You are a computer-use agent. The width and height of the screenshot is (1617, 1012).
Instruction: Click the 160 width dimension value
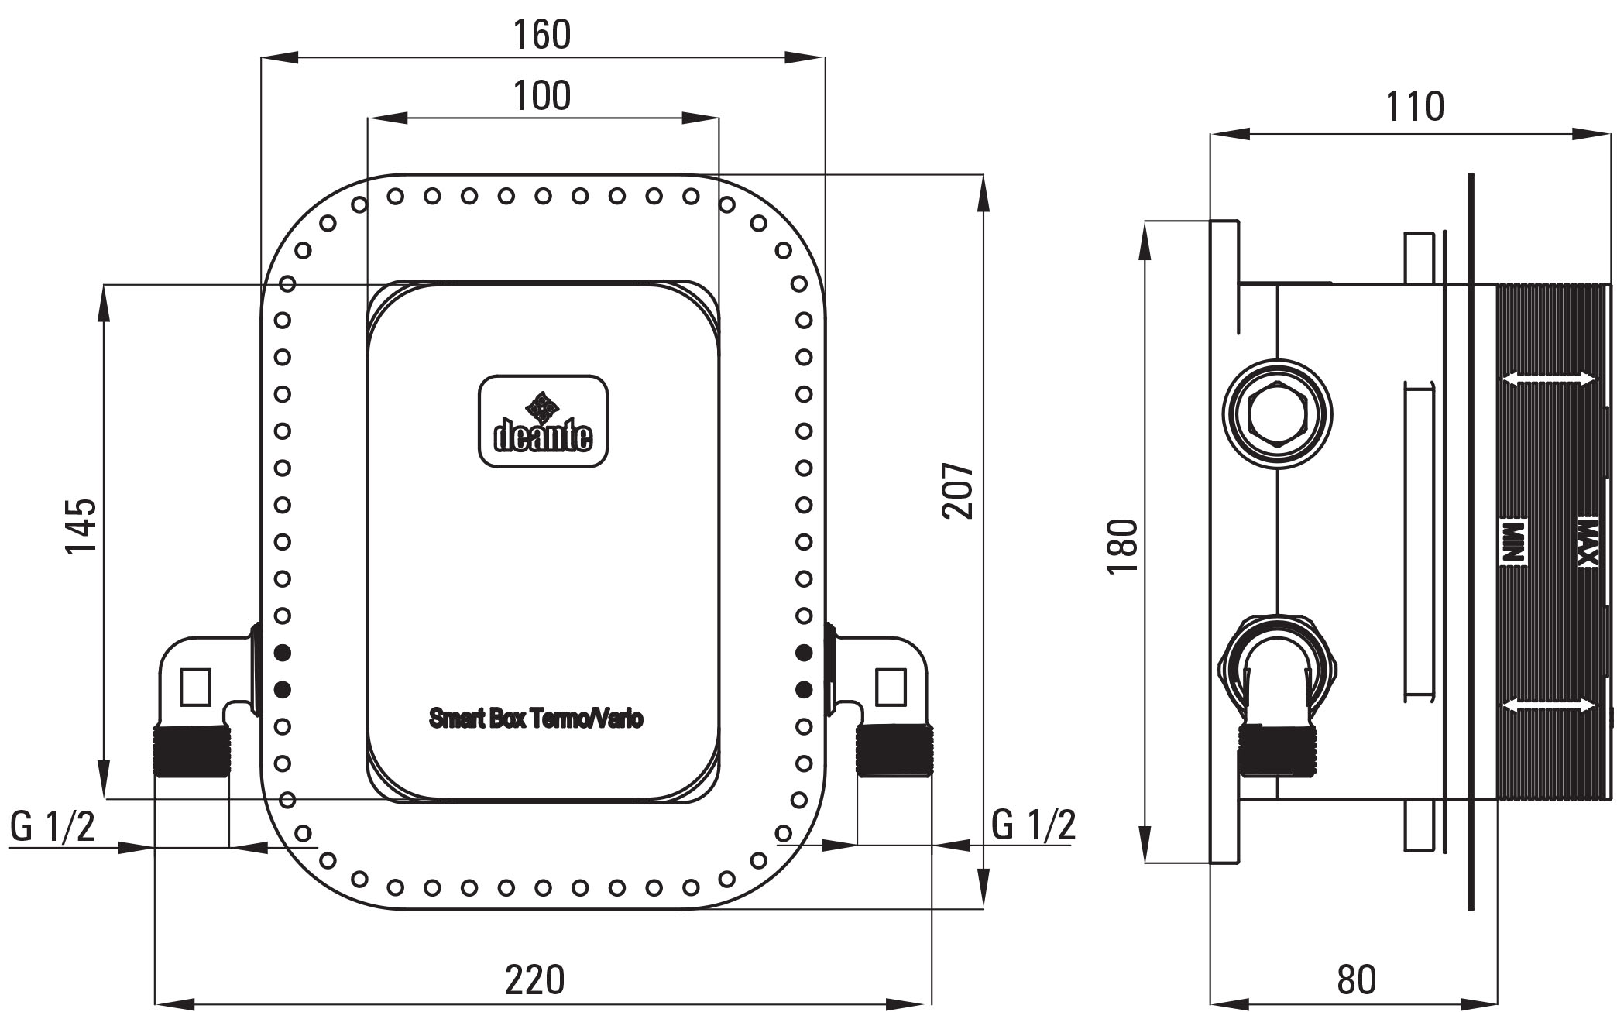click(542, 35)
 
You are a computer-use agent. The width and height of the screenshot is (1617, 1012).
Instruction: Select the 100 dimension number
click(542, 96)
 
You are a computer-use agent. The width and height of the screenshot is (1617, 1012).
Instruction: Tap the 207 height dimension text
click(957, 491)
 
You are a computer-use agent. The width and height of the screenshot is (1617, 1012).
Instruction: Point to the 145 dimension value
click(81, 526)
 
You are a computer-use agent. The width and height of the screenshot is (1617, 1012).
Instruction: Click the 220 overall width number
click(535, 979)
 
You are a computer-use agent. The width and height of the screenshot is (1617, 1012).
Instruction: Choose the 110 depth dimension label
click(1415, 107)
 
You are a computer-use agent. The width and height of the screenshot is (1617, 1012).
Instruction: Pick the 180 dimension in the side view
click(1122, 547)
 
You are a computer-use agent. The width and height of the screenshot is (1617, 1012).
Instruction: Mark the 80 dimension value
click(1356, 979)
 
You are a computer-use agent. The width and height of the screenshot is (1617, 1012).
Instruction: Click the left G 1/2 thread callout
click(53, 826)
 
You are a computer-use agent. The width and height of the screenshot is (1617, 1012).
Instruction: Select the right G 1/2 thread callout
click(1034, 825)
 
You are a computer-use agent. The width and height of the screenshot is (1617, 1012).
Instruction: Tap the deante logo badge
click(543, 421)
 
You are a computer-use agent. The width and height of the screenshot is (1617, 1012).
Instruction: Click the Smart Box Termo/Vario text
click(536, 719)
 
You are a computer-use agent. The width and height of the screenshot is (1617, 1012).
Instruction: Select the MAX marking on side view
click(1588, 540)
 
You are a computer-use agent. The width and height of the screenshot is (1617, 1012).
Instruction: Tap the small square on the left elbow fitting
click(195, 687)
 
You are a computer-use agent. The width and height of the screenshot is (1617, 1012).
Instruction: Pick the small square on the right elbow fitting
click(891, 687)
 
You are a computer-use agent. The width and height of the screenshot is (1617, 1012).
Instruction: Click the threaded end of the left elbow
click(192, 752)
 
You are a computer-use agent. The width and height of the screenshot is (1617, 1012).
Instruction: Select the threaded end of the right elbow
click(894, 751)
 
